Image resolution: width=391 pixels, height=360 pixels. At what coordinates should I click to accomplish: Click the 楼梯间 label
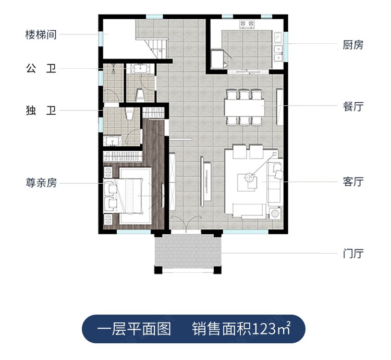41,35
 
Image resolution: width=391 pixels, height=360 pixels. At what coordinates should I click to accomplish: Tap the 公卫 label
41,68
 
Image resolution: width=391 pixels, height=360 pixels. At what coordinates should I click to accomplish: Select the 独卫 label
41,111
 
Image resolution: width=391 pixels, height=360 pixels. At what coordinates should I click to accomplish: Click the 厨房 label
353,45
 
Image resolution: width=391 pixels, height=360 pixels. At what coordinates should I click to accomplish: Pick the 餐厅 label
353,106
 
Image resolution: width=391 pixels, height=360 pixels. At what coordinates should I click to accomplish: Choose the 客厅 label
353,182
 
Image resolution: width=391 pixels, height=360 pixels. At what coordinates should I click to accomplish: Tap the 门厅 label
353,254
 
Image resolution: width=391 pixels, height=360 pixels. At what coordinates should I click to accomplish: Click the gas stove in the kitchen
246,24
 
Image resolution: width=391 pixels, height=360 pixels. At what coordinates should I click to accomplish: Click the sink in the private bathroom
112,140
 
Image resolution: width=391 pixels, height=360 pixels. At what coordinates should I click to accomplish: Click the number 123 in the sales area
265,330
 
